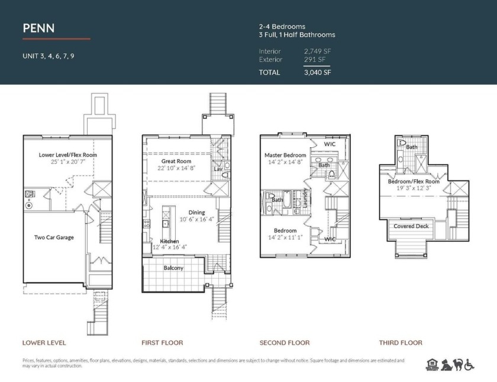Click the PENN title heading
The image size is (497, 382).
coord(39,28)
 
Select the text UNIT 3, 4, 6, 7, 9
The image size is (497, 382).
coord(48,57)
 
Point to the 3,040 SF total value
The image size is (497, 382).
coord(317,73)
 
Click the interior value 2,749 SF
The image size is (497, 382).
coord(317,51)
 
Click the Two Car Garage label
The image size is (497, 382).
coord(54,237)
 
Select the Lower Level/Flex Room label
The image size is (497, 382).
coord(64,155)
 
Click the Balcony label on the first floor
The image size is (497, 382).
coord(173,268)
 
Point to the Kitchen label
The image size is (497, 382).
coord(170,241)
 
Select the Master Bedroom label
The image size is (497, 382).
coord(285,155)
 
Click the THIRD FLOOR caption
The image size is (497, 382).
coord(401,342)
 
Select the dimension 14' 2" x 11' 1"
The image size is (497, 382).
coord(285,238)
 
